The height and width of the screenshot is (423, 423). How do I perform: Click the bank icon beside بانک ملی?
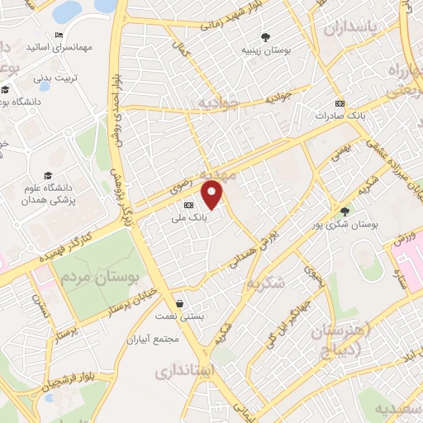189,203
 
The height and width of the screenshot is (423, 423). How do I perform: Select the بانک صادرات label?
340,116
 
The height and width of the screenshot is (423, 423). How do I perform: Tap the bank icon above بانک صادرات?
340,103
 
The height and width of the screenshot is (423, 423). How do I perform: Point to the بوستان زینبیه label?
264,50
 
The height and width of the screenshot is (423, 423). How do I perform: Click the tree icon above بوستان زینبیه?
264,36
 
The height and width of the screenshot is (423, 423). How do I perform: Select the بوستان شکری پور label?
345,224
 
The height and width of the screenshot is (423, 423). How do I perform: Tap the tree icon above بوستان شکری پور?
345,211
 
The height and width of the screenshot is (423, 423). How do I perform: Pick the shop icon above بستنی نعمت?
181,303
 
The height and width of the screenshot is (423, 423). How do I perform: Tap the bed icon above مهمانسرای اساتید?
58,36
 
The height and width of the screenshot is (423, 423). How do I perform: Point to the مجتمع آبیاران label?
154,340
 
